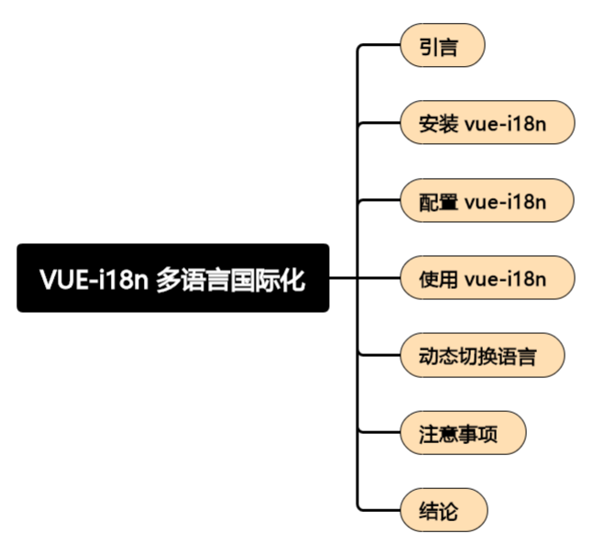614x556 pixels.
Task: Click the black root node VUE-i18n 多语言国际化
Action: pyautogui.click(x=172, y=278)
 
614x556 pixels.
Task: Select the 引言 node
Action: pyautogui.click(x=441, y=46)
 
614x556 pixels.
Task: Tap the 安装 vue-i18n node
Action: pyautogui.click(x=487, y=124)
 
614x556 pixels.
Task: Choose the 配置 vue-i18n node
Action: pyautogui.click(x=487, y=201)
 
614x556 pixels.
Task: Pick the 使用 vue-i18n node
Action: pyautogui.click(x=487, y=278)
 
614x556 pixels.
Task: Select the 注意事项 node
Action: pyautogui.click(x=464, y=432)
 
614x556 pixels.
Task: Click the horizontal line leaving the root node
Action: pyautogui.click(x=342, y=278)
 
